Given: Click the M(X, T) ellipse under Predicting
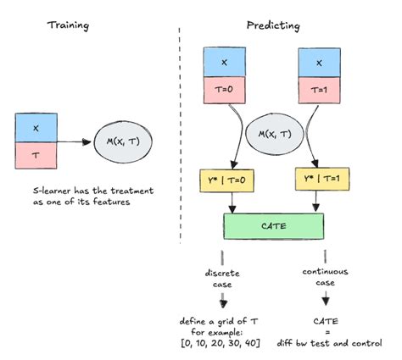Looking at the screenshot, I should [272, 134].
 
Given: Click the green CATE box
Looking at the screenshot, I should [272, 224].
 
